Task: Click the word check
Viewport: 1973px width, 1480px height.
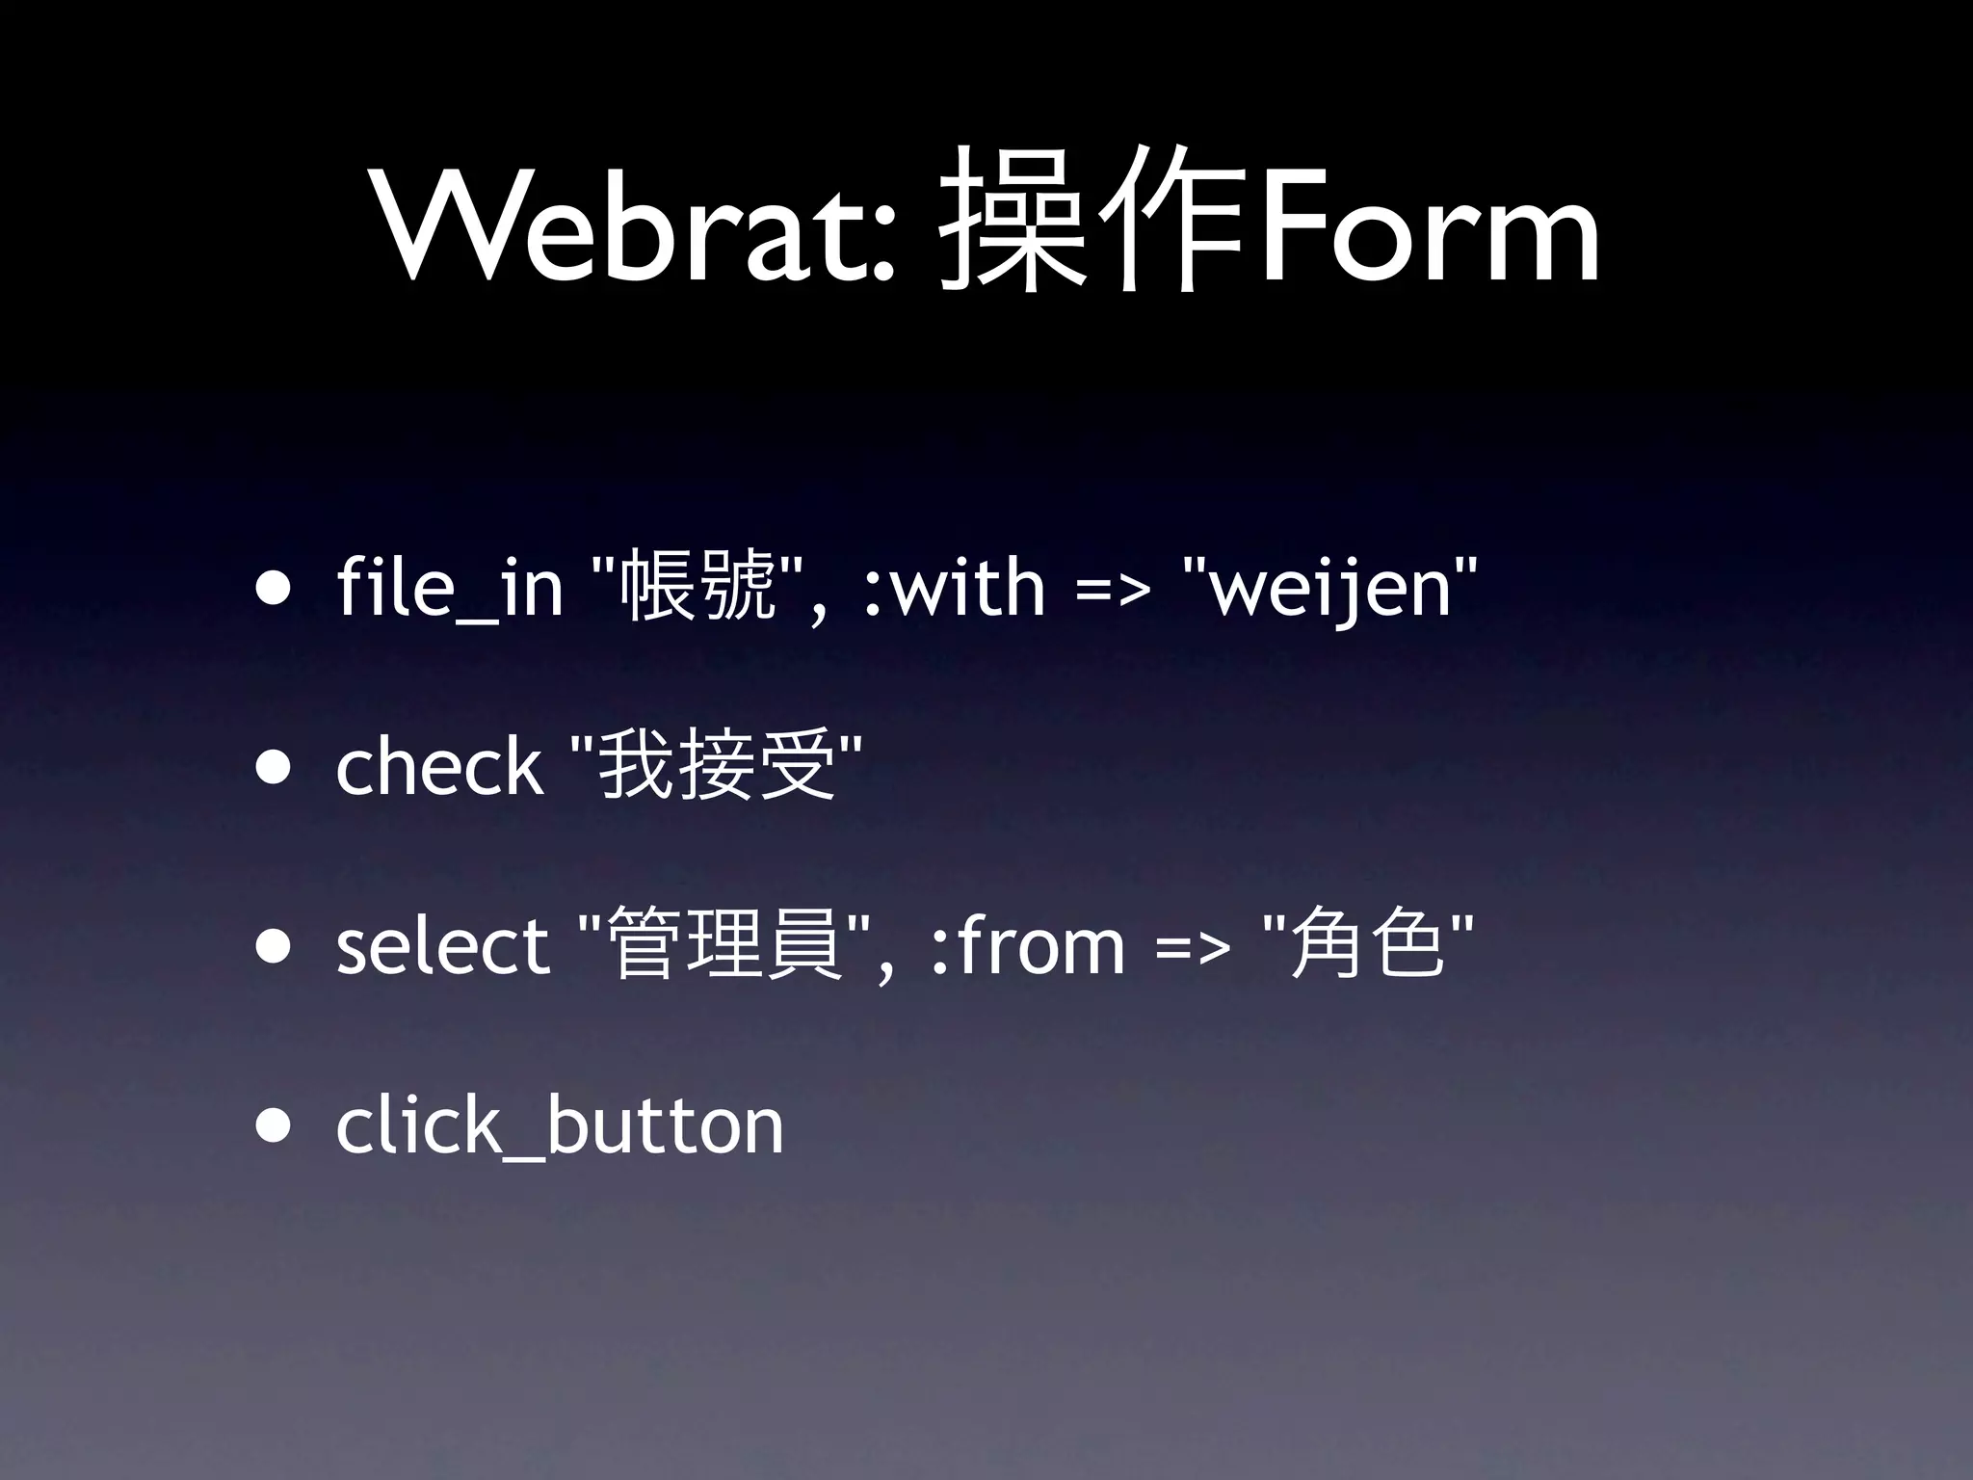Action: click(x=439, y=766)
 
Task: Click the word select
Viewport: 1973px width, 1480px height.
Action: click(x=442, y=945)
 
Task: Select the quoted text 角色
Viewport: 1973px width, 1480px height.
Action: click(x=1367, y=943)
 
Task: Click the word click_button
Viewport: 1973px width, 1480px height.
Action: click(x=560, y=1125)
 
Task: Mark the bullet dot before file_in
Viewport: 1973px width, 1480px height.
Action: click(x=274, y=590)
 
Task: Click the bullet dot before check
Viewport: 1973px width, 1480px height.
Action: click(x=274, y=769)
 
